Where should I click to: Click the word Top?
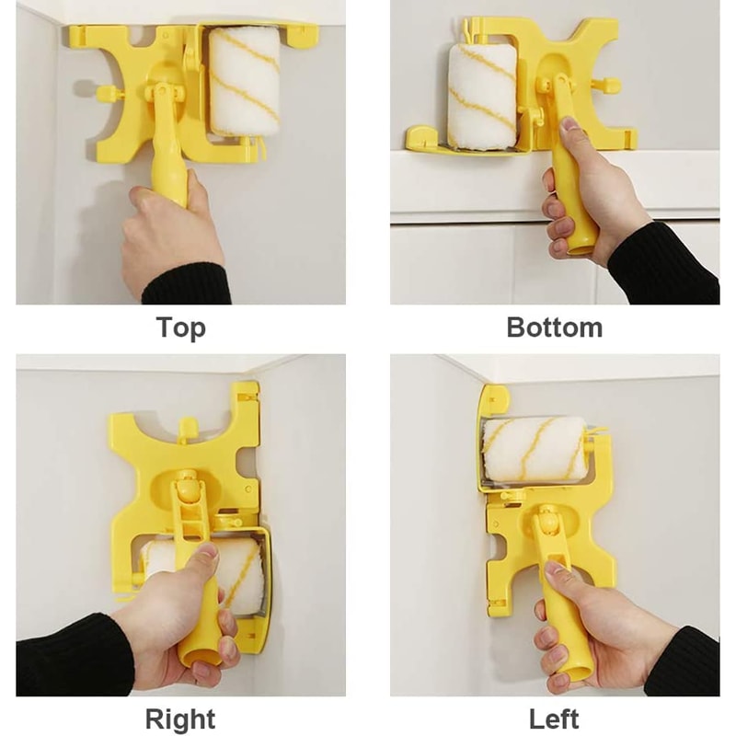(181, 328)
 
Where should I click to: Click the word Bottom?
(555, 328)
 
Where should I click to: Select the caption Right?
(180, 719)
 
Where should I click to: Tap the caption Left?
(554, 719)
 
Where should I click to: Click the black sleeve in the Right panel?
(71, 655)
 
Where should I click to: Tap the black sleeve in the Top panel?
(187, 284)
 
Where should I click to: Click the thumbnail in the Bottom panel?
(569, 125)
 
